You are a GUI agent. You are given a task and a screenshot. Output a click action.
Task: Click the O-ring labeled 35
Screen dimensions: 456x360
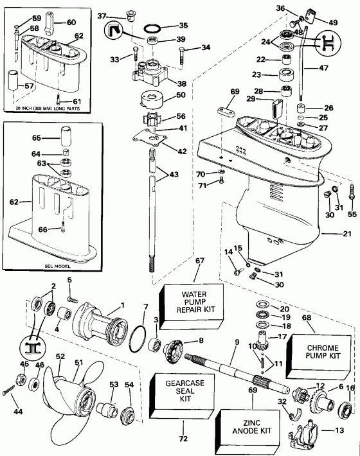click(152, 30)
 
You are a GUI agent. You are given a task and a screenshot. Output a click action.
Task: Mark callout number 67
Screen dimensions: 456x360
click(200, 261)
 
